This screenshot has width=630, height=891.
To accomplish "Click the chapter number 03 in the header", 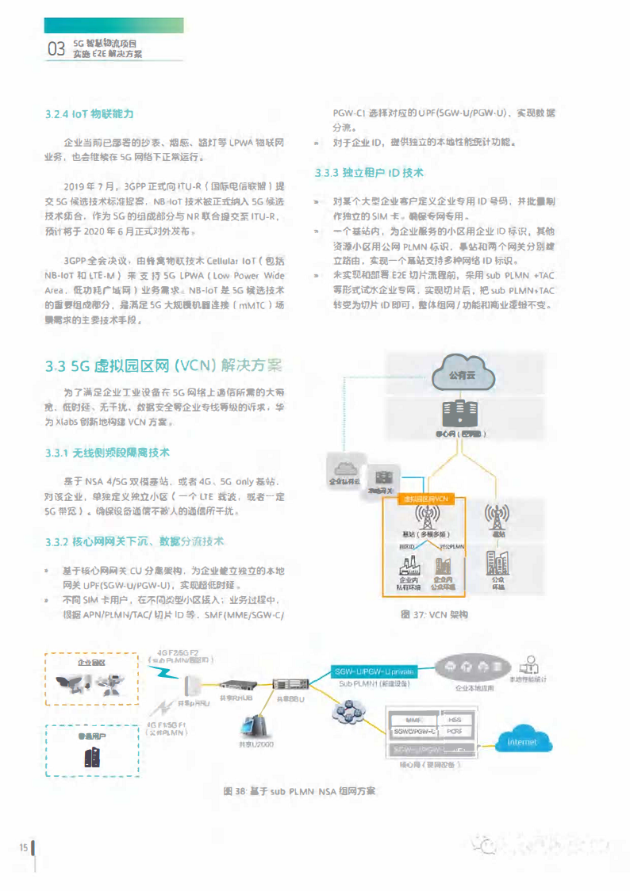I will coord(56,49).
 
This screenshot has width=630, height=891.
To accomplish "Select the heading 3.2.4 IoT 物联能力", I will coord(89,114).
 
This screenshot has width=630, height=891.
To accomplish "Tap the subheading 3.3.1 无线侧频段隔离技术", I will coord(107,452).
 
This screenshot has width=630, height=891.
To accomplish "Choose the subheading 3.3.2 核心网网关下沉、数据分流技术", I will coord(135,541).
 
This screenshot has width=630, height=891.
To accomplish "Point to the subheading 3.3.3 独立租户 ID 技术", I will coord(369,172).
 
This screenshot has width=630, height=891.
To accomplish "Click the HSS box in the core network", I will coord(455,720).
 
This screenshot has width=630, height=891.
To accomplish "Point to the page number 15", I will coord(24,848).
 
